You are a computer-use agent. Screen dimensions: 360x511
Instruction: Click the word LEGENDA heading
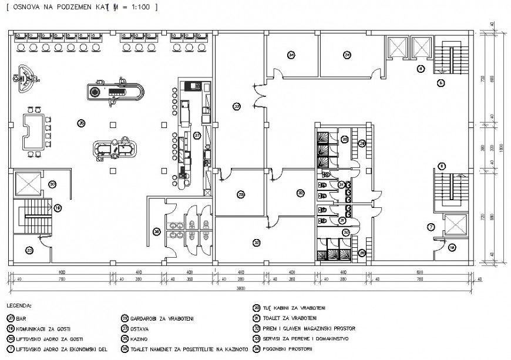pyautogui.click(x=19, y=307)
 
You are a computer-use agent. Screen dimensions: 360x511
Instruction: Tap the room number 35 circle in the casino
pyautogui.click(x=81, y=123)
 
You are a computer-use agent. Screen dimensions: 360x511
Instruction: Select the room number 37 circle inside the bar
pyautogui.click(x=198, y=135)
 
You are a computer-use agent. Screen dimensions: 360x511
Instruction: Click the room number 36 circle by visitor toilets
pyautogui.click(x=156, y=231)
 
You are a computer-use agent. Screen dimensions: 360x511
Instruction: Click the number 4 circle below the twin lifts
pyautogui.click(x=421, y=69)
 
